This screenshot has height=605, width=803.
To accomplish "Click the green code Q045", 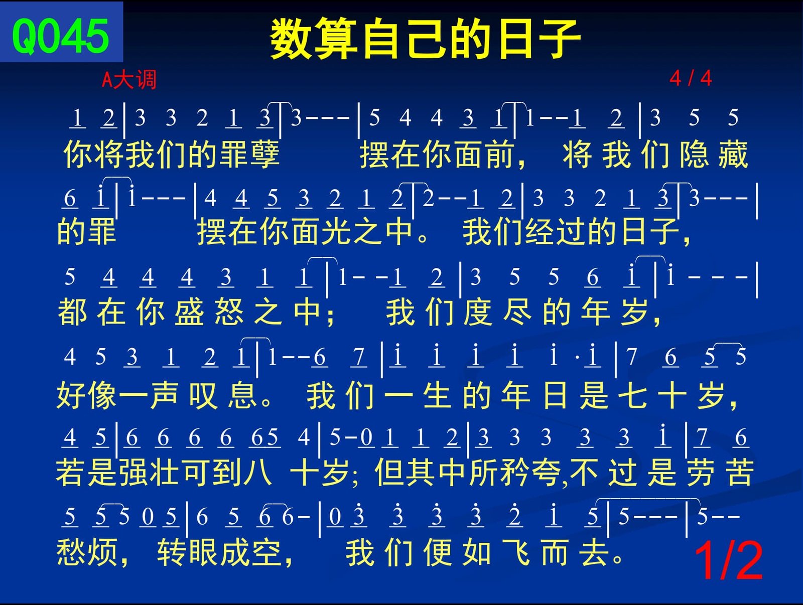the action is [61, 36].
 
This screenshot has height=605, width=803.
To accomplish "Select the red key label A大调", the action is [129, 79].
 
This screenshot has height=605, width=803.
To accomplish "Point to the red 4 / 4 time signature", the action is [691, 78].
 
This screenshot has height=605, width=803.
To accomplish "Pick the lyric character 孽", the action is [265, 155].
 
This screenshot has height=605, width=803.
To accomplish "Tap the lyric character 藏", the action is [734, 155].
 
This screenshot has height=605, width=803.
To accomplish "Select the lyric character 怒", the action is [229, 312].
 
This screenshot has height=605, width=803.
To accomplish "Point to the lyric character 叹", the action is [204, 395].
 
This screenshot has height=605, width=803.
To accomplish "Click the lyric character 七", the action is [632, 395].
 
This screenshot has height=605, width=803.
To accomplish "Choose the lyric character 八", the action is [258, 472].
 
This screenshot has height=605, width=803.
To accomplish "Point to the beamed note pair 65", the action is [265, 437].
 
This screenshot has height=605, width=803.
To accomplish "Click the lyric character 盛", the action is [189, 312].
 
